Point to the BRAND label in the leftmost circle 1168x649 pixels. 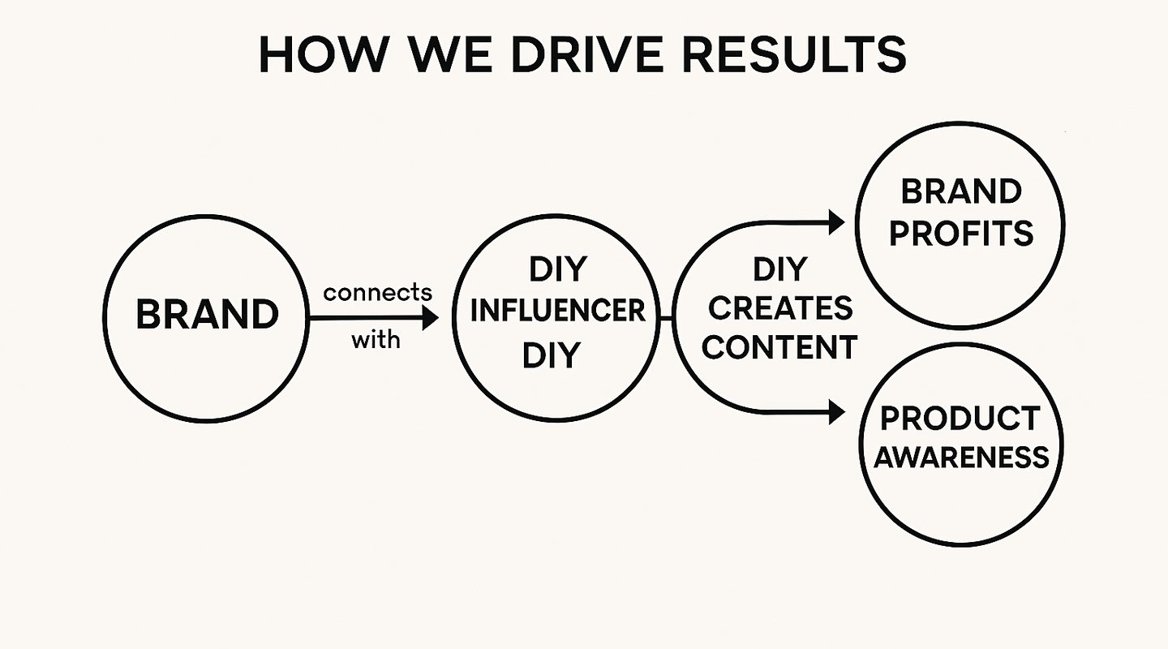pyautogui.click(x=207, y=315)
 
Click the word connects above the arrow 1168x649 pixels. pyautogui.click(x=377, y=292)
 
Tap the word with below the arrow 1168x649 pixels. pyautogui.click(x=376, y=339)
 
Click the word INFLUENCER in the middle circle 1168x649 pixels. pyautogui.click(x=557, y=311)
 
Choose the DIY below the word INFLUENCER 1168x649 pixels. pyautogui.click(x=552, y=355)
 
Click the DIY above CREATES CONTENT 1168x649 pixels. pyautogui.click(x=779, y=269)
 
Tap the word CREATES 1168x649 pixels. pyautogui.click(x=779, y=308)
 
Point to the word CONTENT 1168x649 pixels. pyautogui.click(x=779, y=346)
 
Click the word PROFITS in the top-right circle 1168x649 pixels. pyautogui.click(x=961, y=234)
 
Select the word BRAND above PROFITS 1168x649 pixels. pyautogui.click(x=961, y=193)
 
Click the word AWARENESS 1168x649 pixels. pyautogui.click(x=961, y=458)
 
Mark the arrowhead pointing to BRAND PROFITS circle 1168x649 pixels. pyautogui.click(x=836, y=221)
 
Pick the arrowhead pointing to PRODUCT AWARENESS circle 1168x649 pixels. pyautogui.click(x=836, y=413)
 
